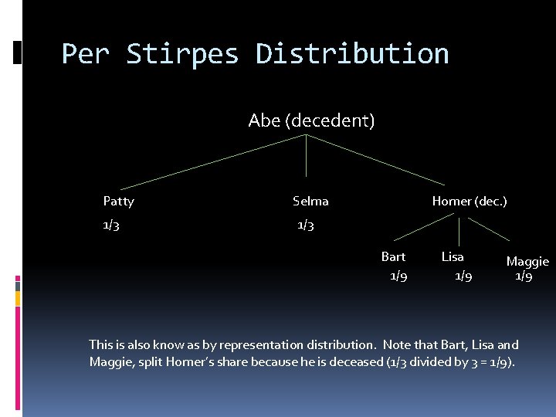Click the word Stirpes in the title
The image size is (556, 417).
(x=182, y=54)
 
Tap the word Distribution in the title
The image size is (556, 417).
(x=352, y=54)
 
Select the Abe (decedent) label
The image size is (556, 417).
(x=311, y=120)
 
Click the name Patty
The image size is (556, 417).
(x=118, y=202)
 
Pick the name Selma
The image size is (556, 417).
(x=310, y=202)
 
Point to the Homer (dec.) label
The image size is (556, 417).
(x=469, y=202)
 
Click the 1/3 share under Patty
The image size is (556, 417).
(x=111, y=225)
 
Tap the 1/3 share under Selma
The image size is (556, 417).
(x=306, y=225)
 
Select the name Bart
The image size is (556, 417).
(x=393, y=257)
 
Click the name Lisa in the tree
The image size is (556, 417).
(x=453, y=257)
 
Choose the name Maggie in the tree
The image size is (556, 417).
(x=527, y=262)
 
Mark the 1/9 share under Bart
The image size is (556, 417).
(x=398, y=276)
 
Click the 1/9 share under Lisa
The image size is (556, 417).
(x=463, y=276)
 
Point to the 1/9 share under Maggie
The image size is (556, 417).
(x=524, y=276)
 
